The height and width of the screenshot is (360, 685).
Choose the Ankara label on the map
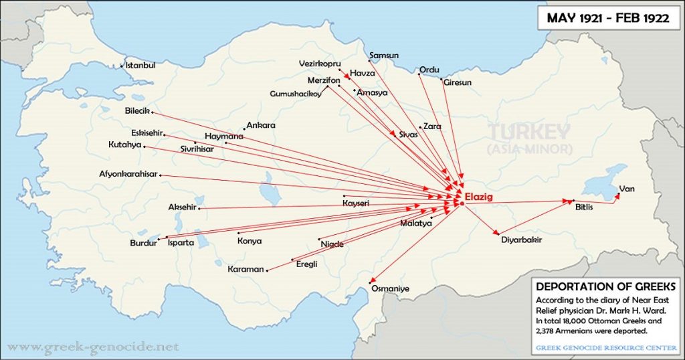coord(261,125)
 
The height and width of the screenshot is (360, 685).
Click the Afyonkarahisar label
coord(128,174)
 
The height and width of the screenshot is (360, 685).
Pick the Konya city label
coord(250,241)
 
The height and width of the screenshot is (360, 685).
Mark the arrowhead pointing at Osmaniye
coord(372,282)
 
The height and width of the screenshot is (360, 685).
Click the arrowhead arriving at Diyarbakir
coord(496,232)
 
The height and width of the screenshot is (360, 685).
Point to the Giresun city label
coord(458,82)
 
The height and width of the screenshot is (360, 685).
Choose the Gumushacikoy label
coord(295,94)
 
